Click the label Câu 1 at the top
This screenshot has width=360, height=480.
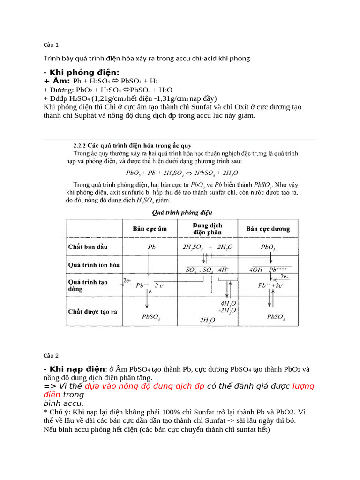(51, 45)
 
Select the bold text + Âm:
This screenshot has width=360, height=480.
(57, 81)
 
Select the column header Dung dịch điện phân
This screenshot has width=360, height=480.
(207, 229)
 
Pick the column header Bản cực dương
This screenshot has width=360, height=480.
(268, 229)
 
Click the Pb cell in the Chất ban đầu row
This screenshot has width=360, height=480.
(151, 247)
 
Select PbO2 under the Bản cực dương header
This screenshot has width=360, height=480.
(268, 247)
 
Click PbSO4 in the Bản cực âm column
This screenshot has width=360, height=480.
(151, 317)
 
